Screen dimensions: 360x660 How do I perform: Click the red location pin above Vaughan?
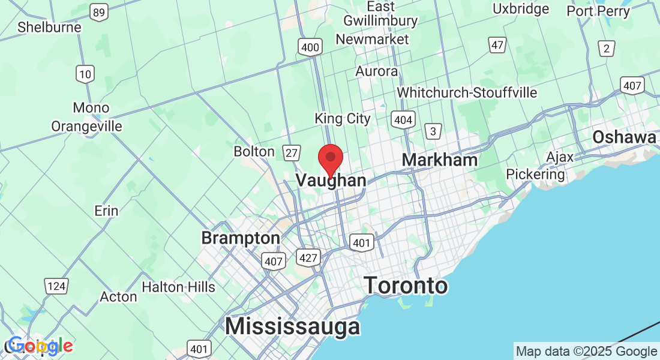(330, 158)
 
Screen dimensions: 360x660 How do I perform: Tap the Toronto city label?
(406, 285)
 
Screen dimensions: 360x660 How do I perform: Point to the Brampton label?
(240, 238)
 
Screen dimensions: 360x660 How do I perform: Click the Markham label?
(439, 160)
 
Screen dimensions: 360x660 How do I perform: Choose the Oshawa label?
(624, 137)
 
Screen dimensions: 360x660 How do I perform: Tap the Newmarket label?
(372, 40)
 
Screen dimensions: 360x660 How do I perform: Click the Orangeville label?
(86, 127)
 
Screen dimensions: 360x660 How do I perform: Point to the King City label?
(343, 119)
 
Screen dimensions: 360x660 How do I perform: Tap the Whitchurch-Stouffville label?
(467, 93)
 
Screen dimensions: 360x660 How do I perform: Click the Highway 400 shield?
(310, 47)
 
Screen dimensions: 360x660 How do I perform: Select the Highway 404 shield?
(403, 120)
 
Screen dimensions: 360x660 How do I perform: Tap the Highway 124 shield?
(56, 286)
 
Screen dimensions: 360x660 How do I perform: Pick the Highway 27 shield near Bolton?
(292, 153)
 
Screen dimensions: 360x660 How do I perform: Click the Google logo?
(40, 346)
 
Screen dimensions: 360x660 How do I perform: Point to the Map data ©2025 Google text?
(586, 352)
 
